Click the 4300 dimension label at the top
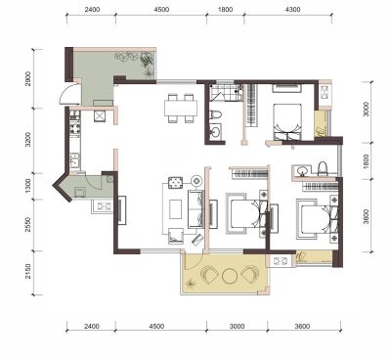pyautogui.click(x=292, y=10)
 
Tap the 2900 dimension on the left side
pyautogui.click(x=28, y=78)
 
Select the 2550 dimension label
pyautogui.click(x=28, y=225)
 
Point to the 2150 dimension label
pyautogui.click(x=28, y=272)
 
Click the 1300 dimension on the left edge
pyautogui.click(x=28, y=186)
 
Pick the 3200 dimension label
pyautogui.click(x=28, y=140)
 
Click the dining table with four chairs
pyautogui.click(x=181, y=109)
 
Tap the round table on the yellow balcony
pyautogui.click(x=231, y=276)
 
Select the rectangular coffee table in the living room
pyautogui.click(x=176, y=209)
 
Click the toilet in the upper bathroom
pyautogui.click(x=215, y=114)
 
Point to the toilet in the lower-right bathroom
pyautogui.click(x=323, y=168)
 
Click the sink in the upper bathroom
pyautogui.click(x=215, y=132)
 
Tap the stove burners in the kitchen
pyautogui.click(x=75, y=127)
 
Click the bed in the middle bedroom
pyautogui.click(x=246, y=213)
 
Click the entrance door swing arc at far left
pyautogui.click(x=65, y=92)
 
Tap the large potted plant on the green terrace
pyautogui.click(x=147, y=60)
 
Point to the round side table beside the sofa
pyautogui.click(x=196, y=180)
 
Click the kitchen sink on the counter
pyautogui.click(x=74, y=160)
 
